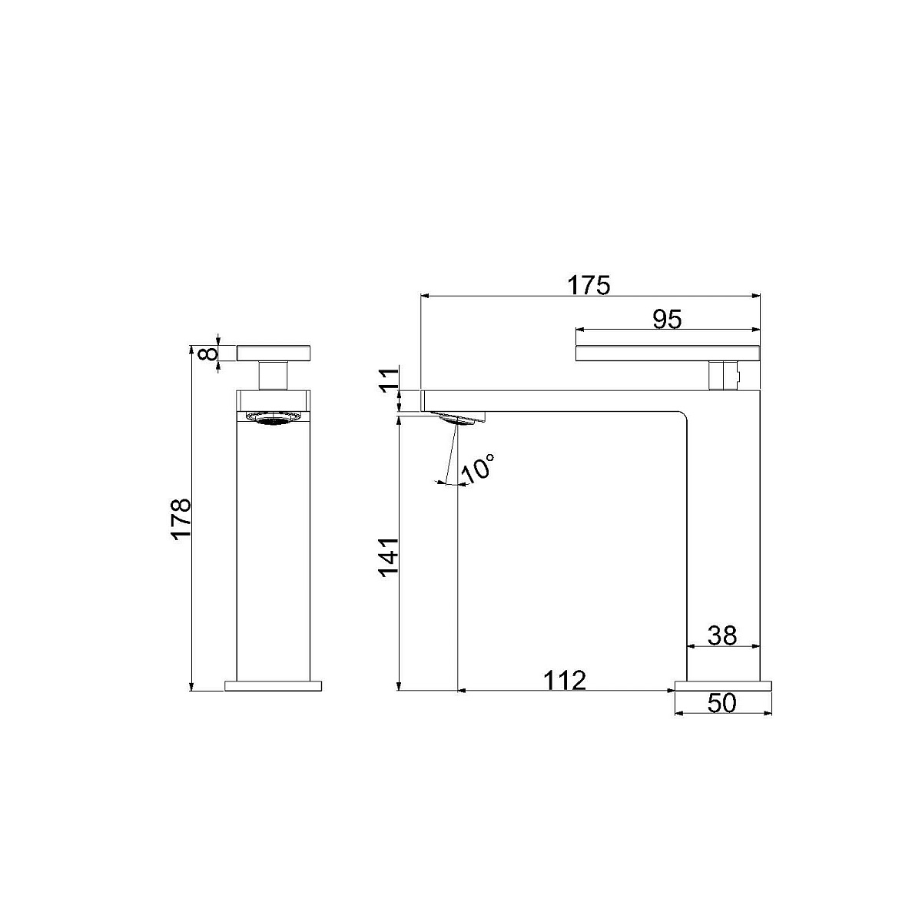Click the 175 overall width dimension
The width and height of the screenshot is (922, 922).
pyautogui.click(x=589, y=286)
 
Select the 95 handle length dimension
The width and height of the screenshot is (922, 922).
pyautogui.click(x=667, y=320)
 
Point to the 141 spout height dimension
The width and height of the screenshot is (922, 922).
pyautogui.click(x=389, y=557)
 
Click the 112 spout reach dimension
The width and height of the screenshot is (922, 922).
pyautogui.click(x=565, y=680)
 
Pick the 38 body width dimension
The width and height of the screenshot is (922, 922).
pyautogui.click(x=722, y=636)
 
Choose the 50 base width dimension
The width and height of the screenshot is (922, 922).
pyautogui.click(x=722, y=703)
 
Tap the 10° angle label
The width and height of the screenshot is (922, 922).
pyautogui.click(x=477, y=469)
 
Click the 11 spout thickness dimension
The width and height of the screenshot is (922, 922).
pyautogui.click(x=389, y=380)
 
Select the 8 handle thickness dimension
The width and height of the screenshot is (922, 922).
pyautogui.click(x=207, y=354)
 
